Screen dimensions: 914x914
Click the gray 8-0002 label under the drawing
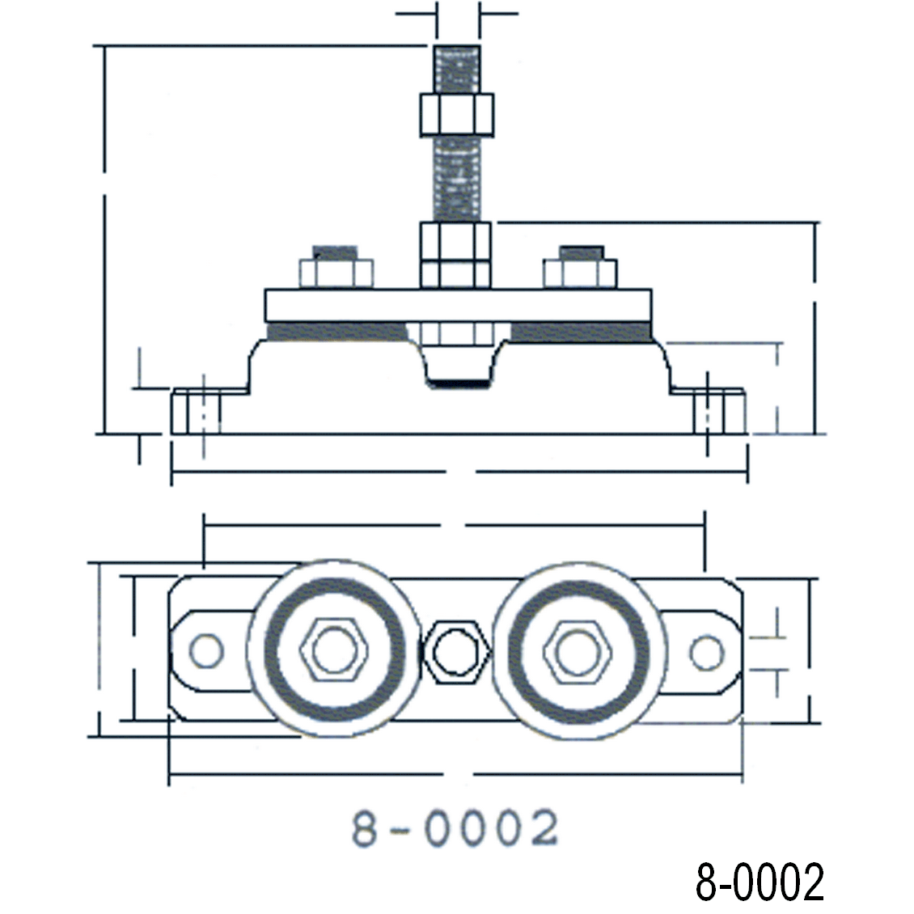point(455,829)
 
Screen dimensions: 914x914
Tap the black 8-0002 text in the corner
point(760,882)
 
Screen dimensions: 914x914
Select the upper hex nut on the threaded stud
point(456,114)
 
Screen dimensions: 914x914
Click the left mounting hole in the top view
point(205,650)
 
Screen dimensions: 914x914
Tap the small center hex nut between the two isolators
point(458,650)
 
